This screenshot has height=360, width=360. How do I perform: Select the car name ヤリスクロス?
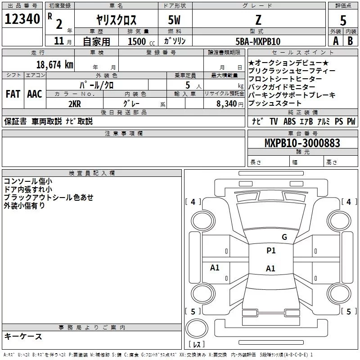pos(117,20)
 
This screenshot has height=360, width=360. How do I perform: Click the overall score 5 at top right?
pos(343,20)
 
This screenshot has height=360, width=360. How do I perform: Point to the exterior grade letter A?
pos(335,40)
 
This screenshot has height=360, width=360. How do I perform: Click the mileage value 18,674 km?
pos(54,64)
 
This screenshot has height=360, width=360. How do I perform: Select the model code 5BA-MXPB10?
pos(258,41)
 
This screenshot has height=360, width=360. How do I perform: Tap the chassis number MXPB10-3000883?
pos(302,143)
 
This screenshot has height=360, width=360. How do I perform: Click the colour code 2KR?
pos(74,103)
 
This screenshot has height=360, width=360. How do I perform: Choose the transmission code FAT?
pos(13,94)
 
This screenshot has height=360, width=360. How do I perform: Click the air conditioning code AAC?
pos(34,94)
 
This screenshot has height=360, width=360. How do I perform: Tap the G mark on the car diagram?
pos(284,237)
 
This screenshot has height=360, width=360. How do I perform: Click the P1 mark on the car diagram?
pos(271,251)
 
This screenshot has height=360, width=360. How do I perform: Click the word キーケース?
pos(23,336)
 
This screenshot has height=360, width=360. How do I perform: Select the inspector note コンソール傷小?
pos(28,181)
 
